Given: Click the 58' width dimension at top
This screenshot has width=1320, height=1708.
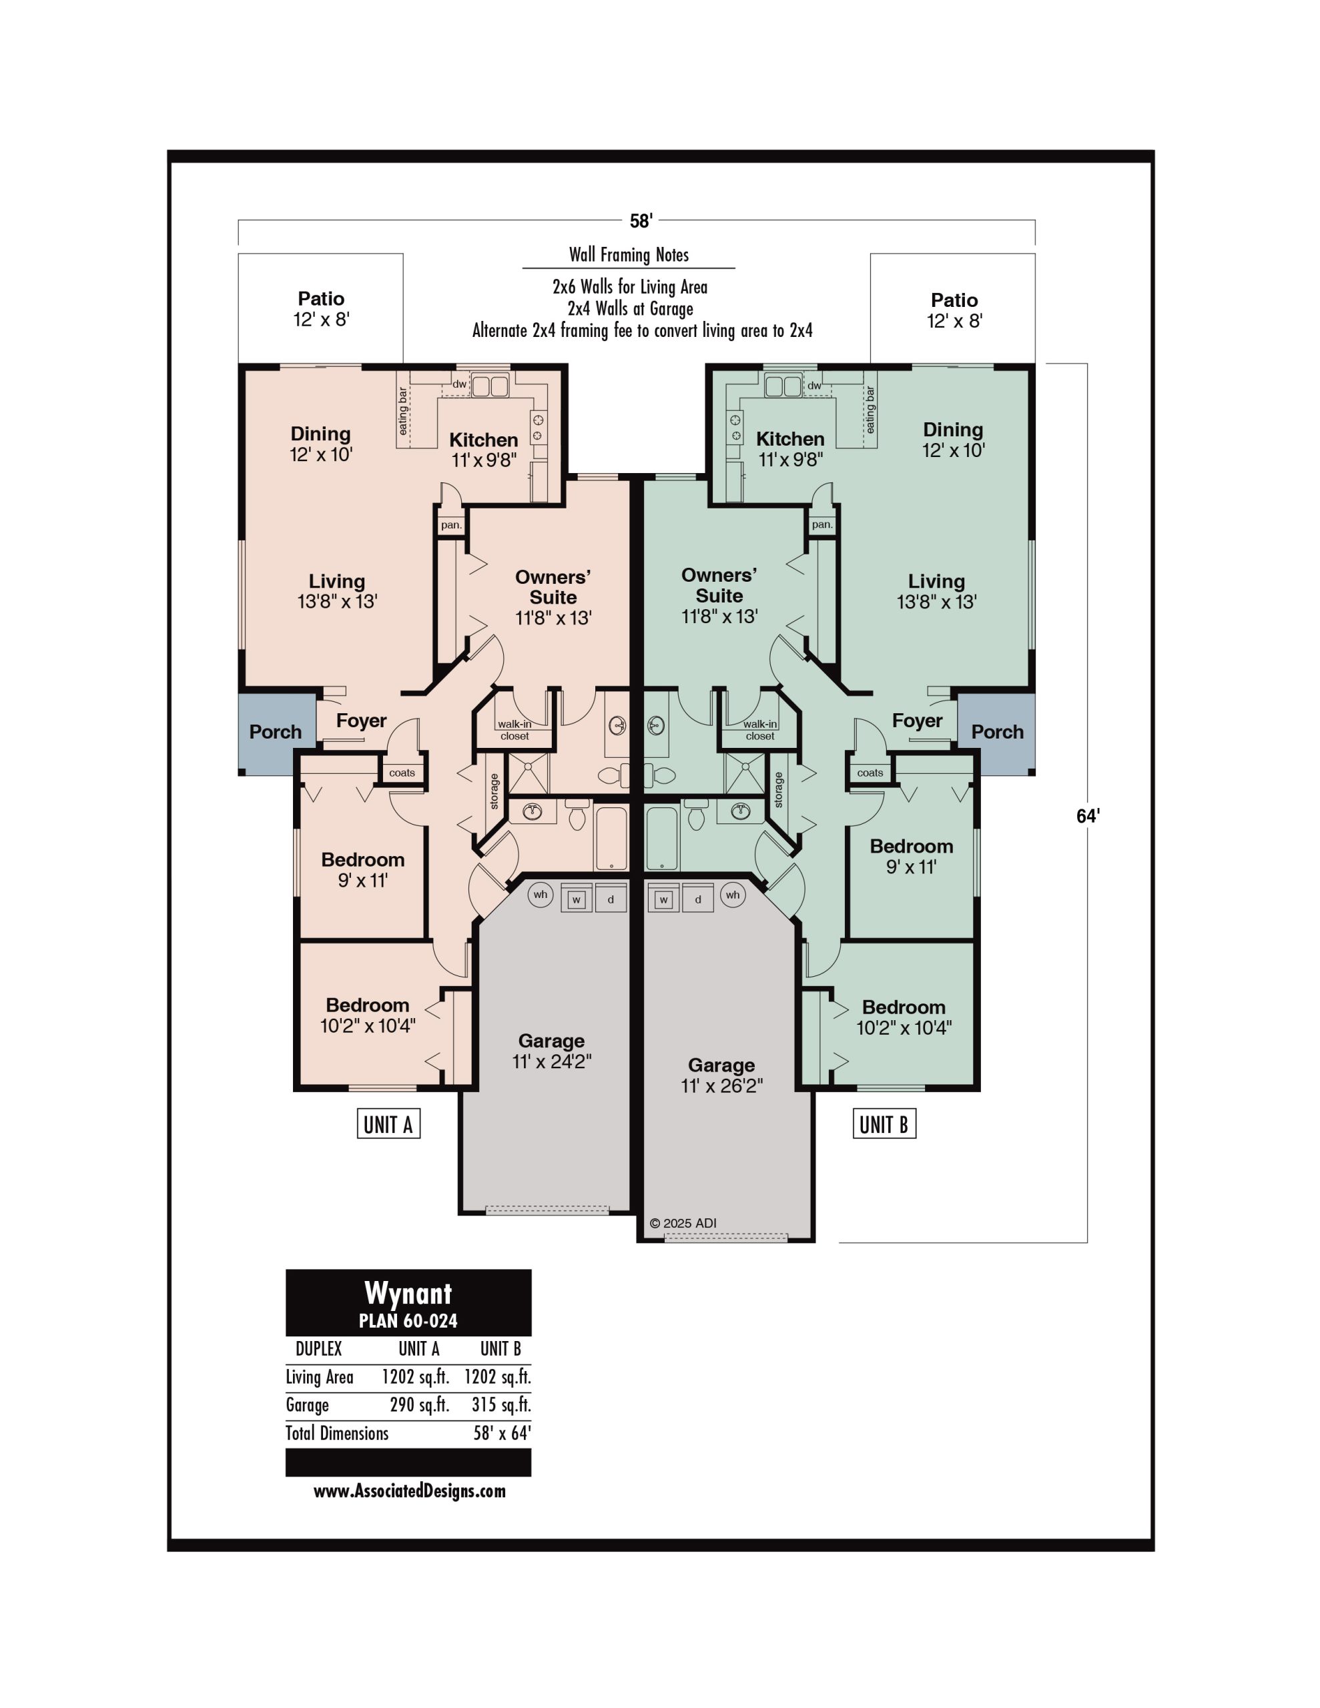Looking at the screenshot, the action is (641, 222).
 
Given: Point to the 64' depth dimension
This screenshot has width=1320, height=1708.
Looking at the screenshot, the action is (1088, 816).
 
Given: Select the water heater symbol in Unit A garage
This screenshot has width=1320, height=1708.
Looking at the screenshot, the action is (541, 895).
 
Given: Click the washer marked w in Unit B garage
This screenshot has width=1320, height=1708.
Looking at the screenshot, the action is (663, 899).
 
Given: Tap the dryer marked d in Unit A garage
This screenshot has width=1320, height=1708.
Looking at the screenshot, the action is (611, 899).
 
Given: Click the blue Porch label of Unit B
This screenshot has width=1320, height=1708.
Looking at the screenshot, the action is (998, 732).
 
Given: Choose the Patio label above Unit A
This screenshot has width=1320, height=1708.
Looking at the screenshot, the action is (321, 299).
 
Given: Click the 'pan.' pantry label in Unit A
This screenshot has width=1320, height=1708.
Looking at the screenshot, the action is (450, 525).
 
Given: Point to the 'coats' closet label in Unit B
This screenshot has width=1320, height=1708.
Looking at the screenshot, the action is (870, 773).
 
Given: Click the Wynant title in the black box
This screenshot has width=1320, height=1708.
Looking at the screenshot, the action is (408, 1294).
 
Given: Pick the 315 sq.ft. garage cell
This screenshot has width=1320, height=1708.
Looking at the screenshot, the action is (501, 1404).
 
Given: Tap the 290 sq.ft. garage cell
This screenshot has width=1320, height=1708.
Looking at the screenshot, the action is (419, 1404).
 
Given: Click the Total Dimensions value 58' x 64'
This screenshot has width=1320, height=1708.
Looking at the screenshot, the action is (502, 1432).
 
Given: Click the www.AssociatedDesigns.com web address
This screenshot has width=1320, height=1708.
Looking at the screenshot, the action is (409, 1490).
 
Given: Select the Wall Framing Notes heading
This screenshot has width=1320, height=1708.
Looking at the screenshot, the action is (629, 255).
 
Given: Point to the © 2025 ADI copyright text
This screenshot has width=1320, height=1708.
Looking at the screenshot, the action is (683, 1223).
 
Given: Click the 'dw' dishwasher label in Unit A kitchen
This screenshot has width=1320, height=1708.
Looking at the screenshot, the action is (459, 384).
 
